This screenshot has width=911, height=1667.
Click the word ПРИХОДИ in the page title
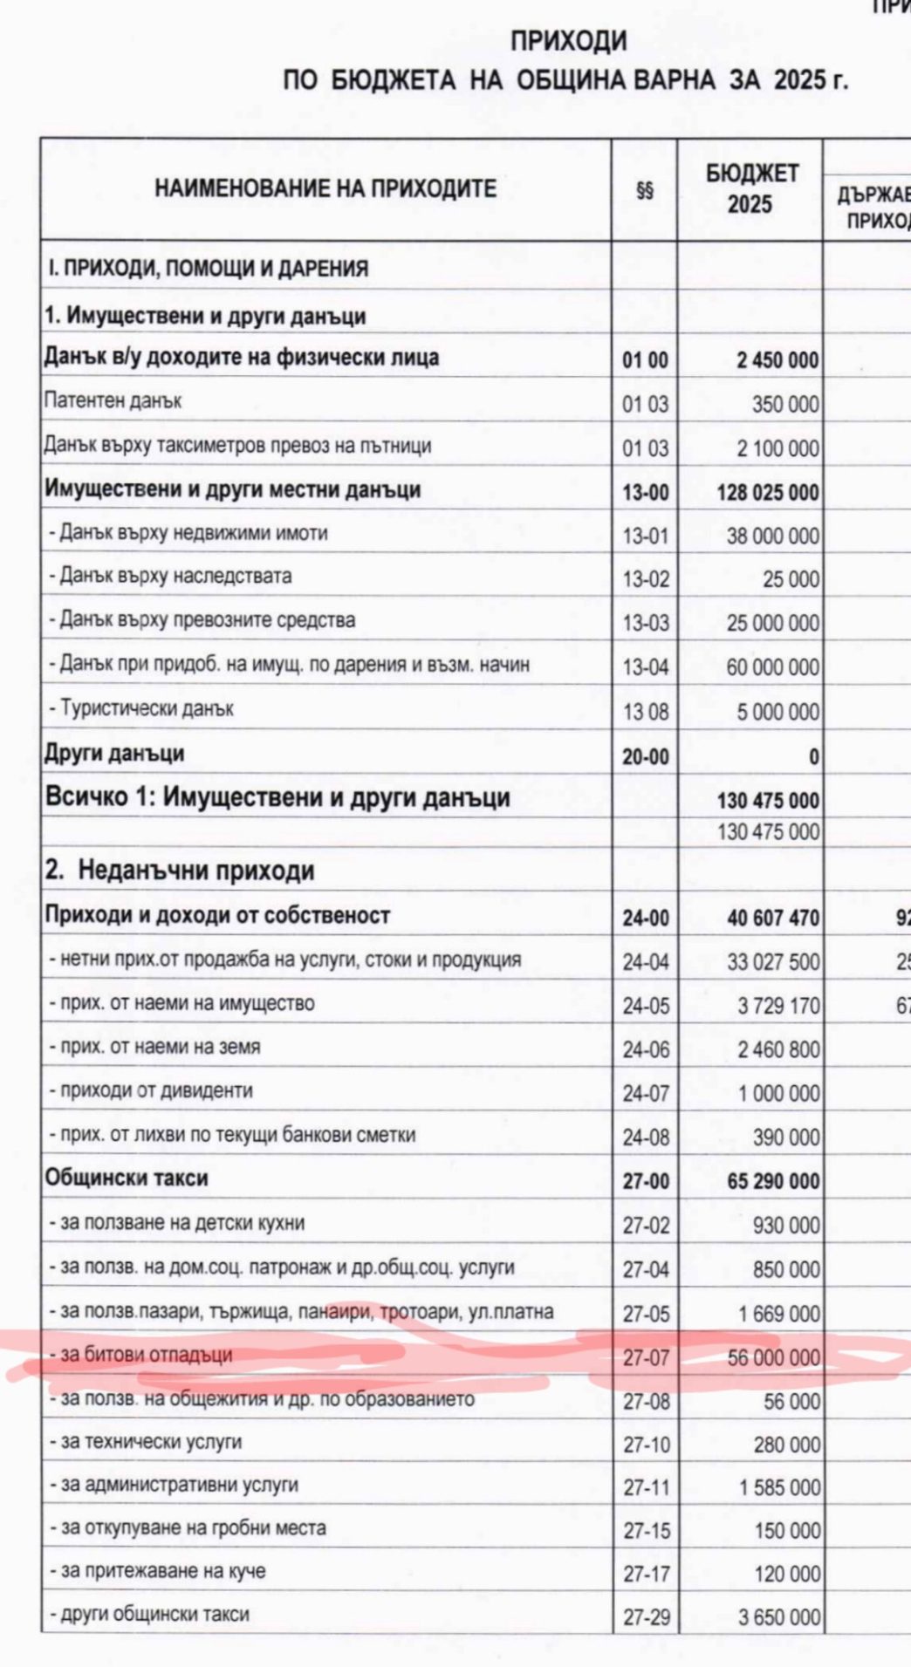568,40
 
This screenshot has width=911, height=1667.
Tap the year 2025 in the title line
799,80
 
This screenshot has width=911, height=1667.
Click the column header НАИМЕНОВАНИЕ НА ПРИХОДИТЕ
325,188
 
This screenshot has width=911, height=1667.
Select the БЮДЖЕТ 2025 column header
750,188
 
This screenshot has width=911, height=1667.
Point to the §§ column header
645,190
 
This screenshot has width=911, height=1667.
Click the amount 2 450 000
777,359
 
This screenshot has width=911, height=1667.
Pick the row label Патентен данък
113,401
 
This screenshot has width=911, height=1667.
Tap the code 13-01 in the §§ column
645,536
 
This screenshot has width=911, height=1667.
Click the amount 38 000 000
773,536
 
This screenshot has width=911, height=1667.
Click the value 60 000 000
773,667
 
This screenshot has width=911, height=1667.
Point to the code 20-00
645,756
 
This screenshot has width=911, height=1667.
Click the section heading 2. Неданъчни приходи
180,870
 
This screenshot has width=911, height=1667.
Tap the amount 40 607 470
773,918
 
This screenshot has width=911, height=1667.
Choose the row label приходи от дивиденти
156,1090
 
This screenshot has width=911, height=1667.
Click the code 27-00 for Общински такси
646,1181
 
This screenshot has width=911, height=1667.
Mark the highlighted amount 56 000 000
774,1357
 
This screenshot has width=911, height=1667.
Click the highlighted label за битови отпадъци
147,1355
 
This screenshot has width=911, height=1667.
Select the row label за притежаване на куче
163,1571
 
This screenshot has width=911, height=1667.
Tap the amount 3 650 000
779,1617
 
